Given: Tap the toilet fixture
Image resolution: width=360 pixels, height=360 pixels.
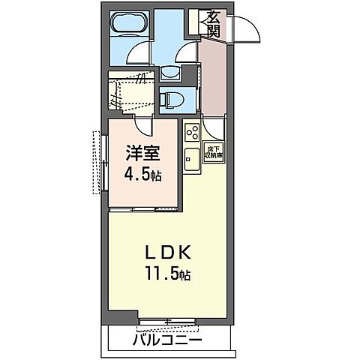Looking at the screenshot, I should pyautogui.click(x=169, y=97).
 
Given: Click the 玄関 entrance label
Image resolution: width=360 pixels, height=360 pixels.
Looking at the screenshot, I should pyautogui.click(x=213, y=23).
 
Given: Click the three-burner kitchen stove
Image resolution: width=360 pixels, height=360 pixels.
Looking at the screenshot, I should pyautogui.click(x=191, y=133).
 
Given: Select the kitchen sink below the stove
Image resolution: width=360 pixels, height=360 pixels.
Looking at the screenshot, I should pyautogui.click(x=190, y=160).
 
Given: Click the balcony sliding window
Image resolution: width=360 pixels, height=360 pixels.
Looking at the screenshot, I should pyautogui.click(x=168, y=324).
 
